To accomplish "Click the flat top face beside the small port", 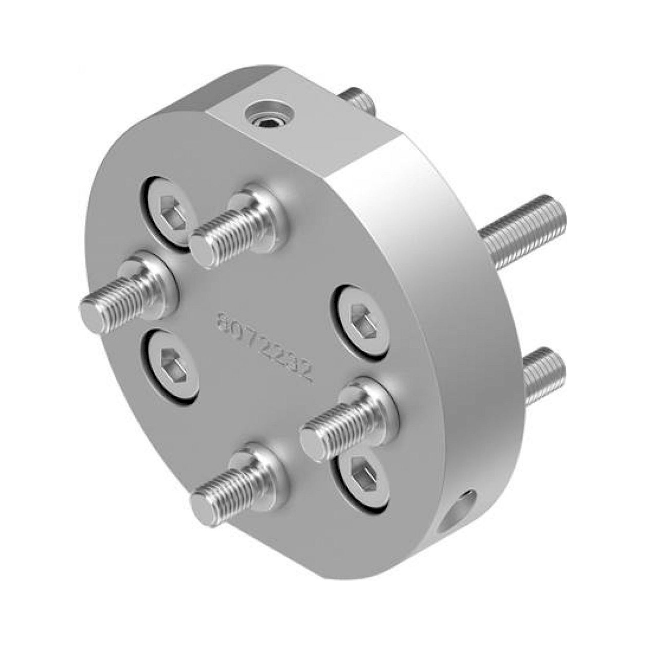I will click(x=327, y=134).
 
